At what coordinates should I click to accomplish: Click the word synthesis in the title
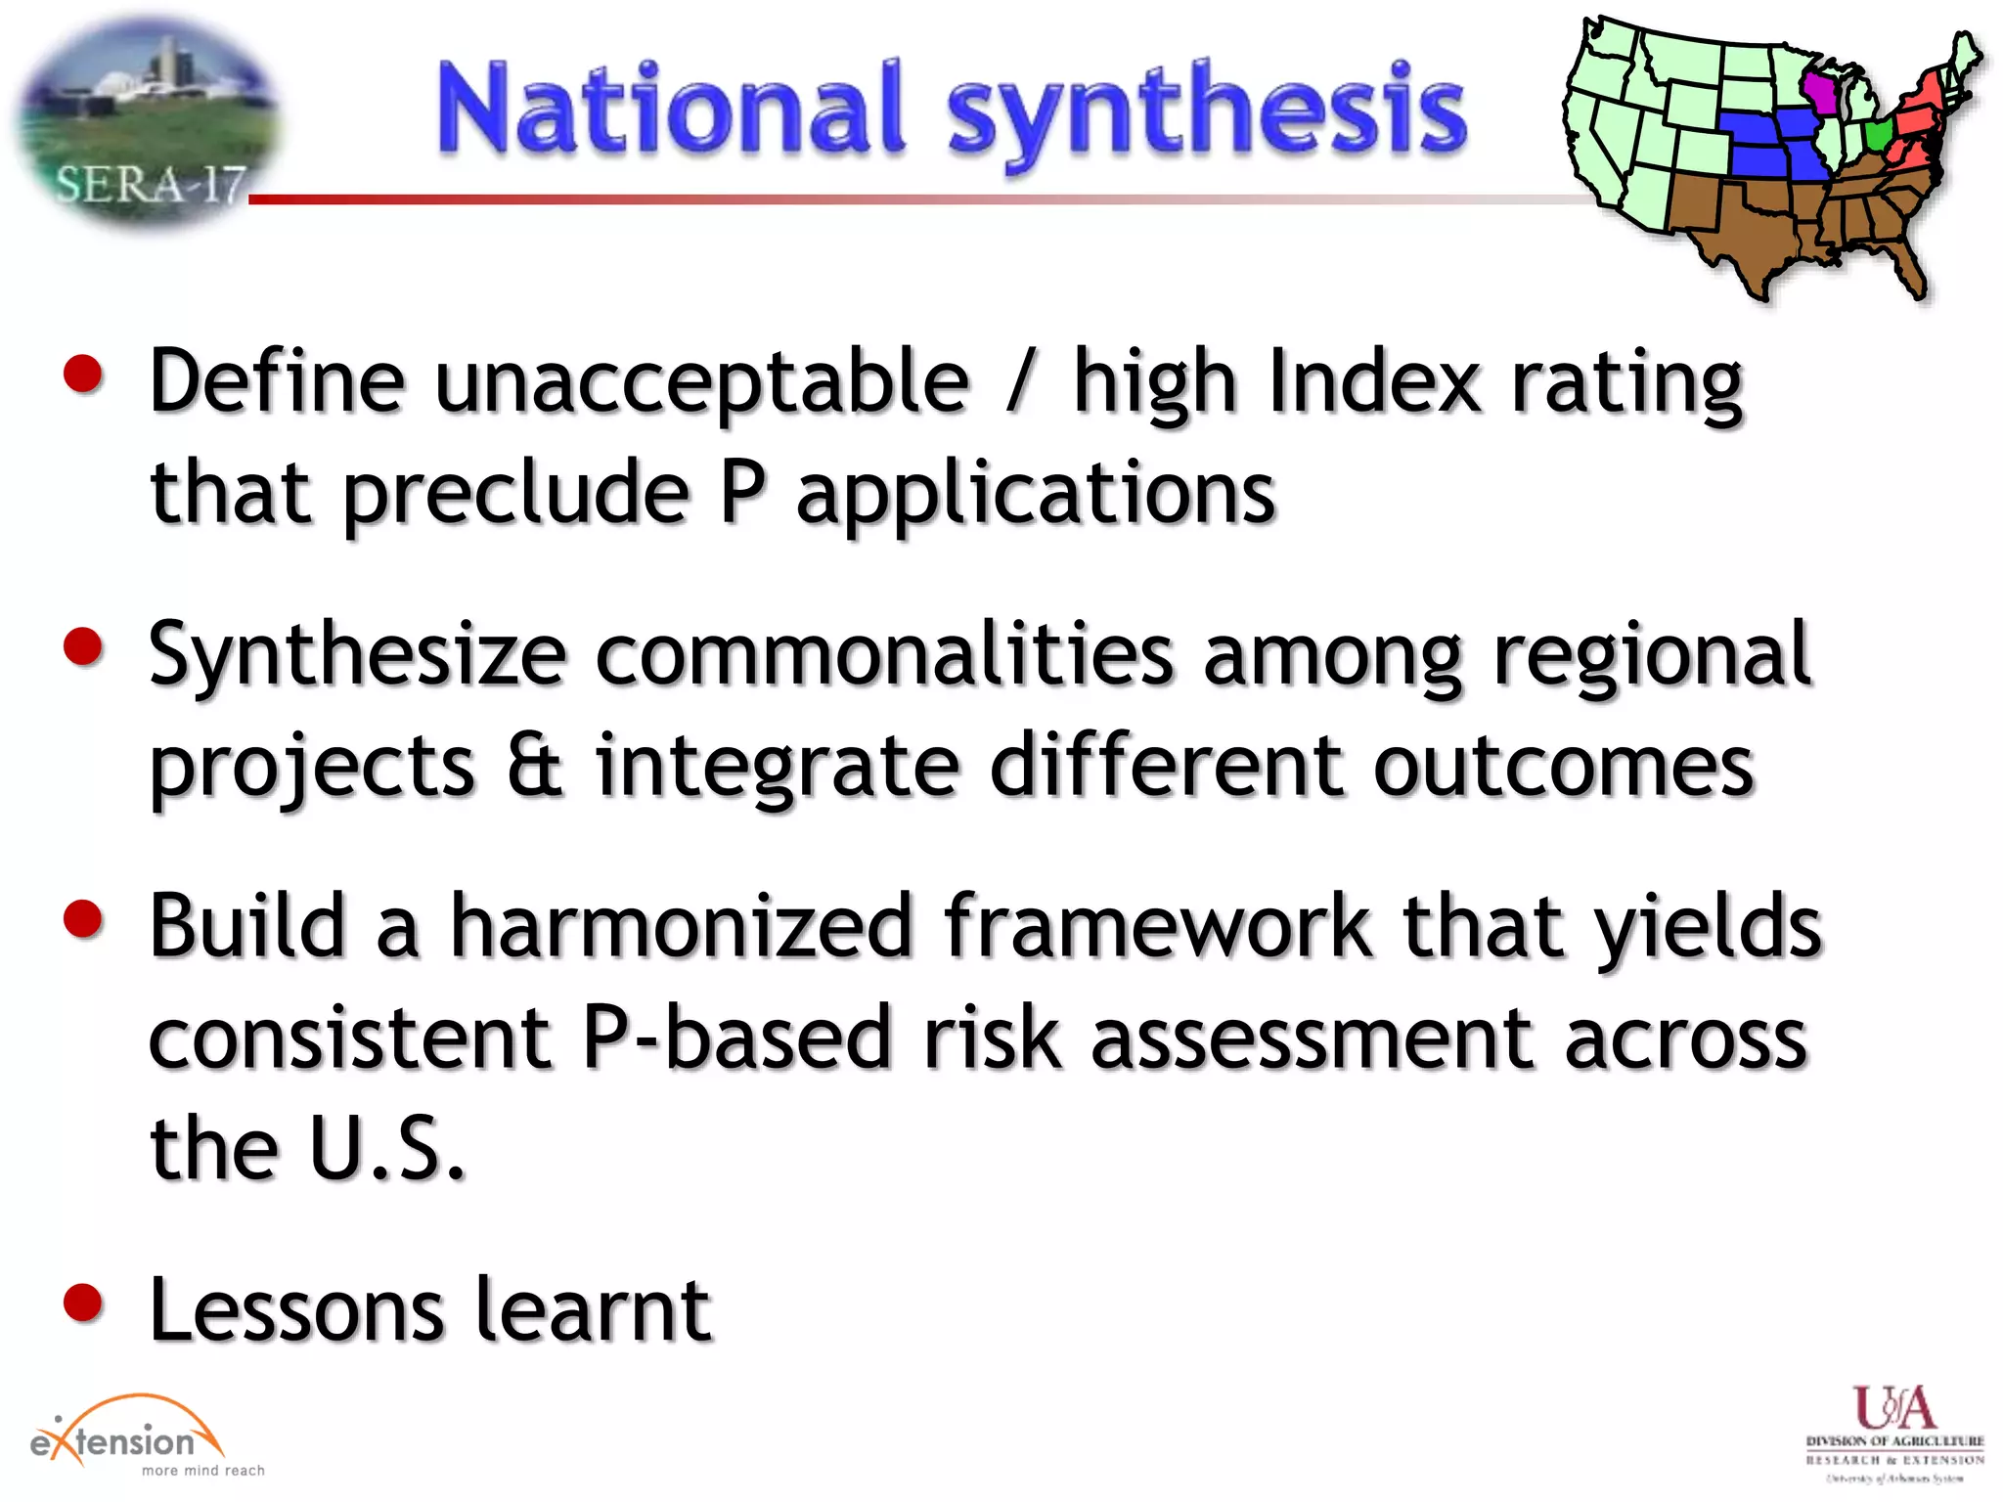[x=1208, y=112]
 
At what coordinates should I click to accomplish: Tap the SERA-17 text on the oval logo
[x=150, y=184]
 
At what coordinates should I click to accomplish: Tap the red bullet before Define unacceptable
[x=83, y=374]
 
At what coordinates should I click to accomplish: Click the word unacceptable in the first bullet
[x=701, y=383]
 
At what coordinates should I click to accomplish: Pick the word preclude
[x=516, y=494]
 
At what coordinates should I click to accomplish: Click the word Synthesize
[x=357, y=655]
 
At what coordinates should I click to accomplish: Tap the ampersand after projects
[x=535, y=765]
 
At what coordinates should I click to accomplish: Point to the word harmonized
[x=682, y=926]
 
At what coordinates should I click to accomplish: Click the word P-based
[x=736, y=1038]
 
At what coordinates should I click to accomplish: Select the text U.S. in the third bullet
[x=386, y=1148]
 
